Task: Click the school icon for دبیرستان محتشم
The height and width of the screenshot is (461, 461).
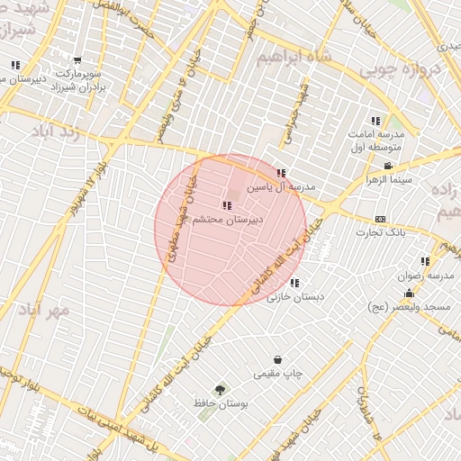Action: (x=225, y=205)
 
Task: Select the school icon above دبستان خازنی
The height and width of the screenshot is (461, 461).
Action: (x=294, y=283)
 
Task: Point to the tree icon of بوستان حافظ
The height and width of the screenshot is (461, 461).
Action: (x=220, y=390)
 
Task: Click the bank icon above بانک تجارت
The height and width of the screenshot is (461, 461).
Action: (x=380, y=219)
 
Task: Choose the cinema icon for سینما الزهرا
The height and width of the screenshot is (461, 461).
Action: (x=388, y=166)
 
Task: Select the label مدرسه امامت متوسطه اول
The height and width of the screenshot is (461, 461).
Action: (x=376, y=139)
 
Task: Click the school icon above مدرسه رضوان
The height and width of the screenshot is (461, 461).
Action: (x=425, y=261)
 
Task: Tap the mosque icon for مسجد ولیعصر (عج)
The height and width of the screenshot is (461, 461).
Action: (x=409, y=294)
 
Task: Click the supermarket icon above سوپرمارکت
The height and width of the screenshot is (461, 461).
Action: (x=77, y=60)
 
